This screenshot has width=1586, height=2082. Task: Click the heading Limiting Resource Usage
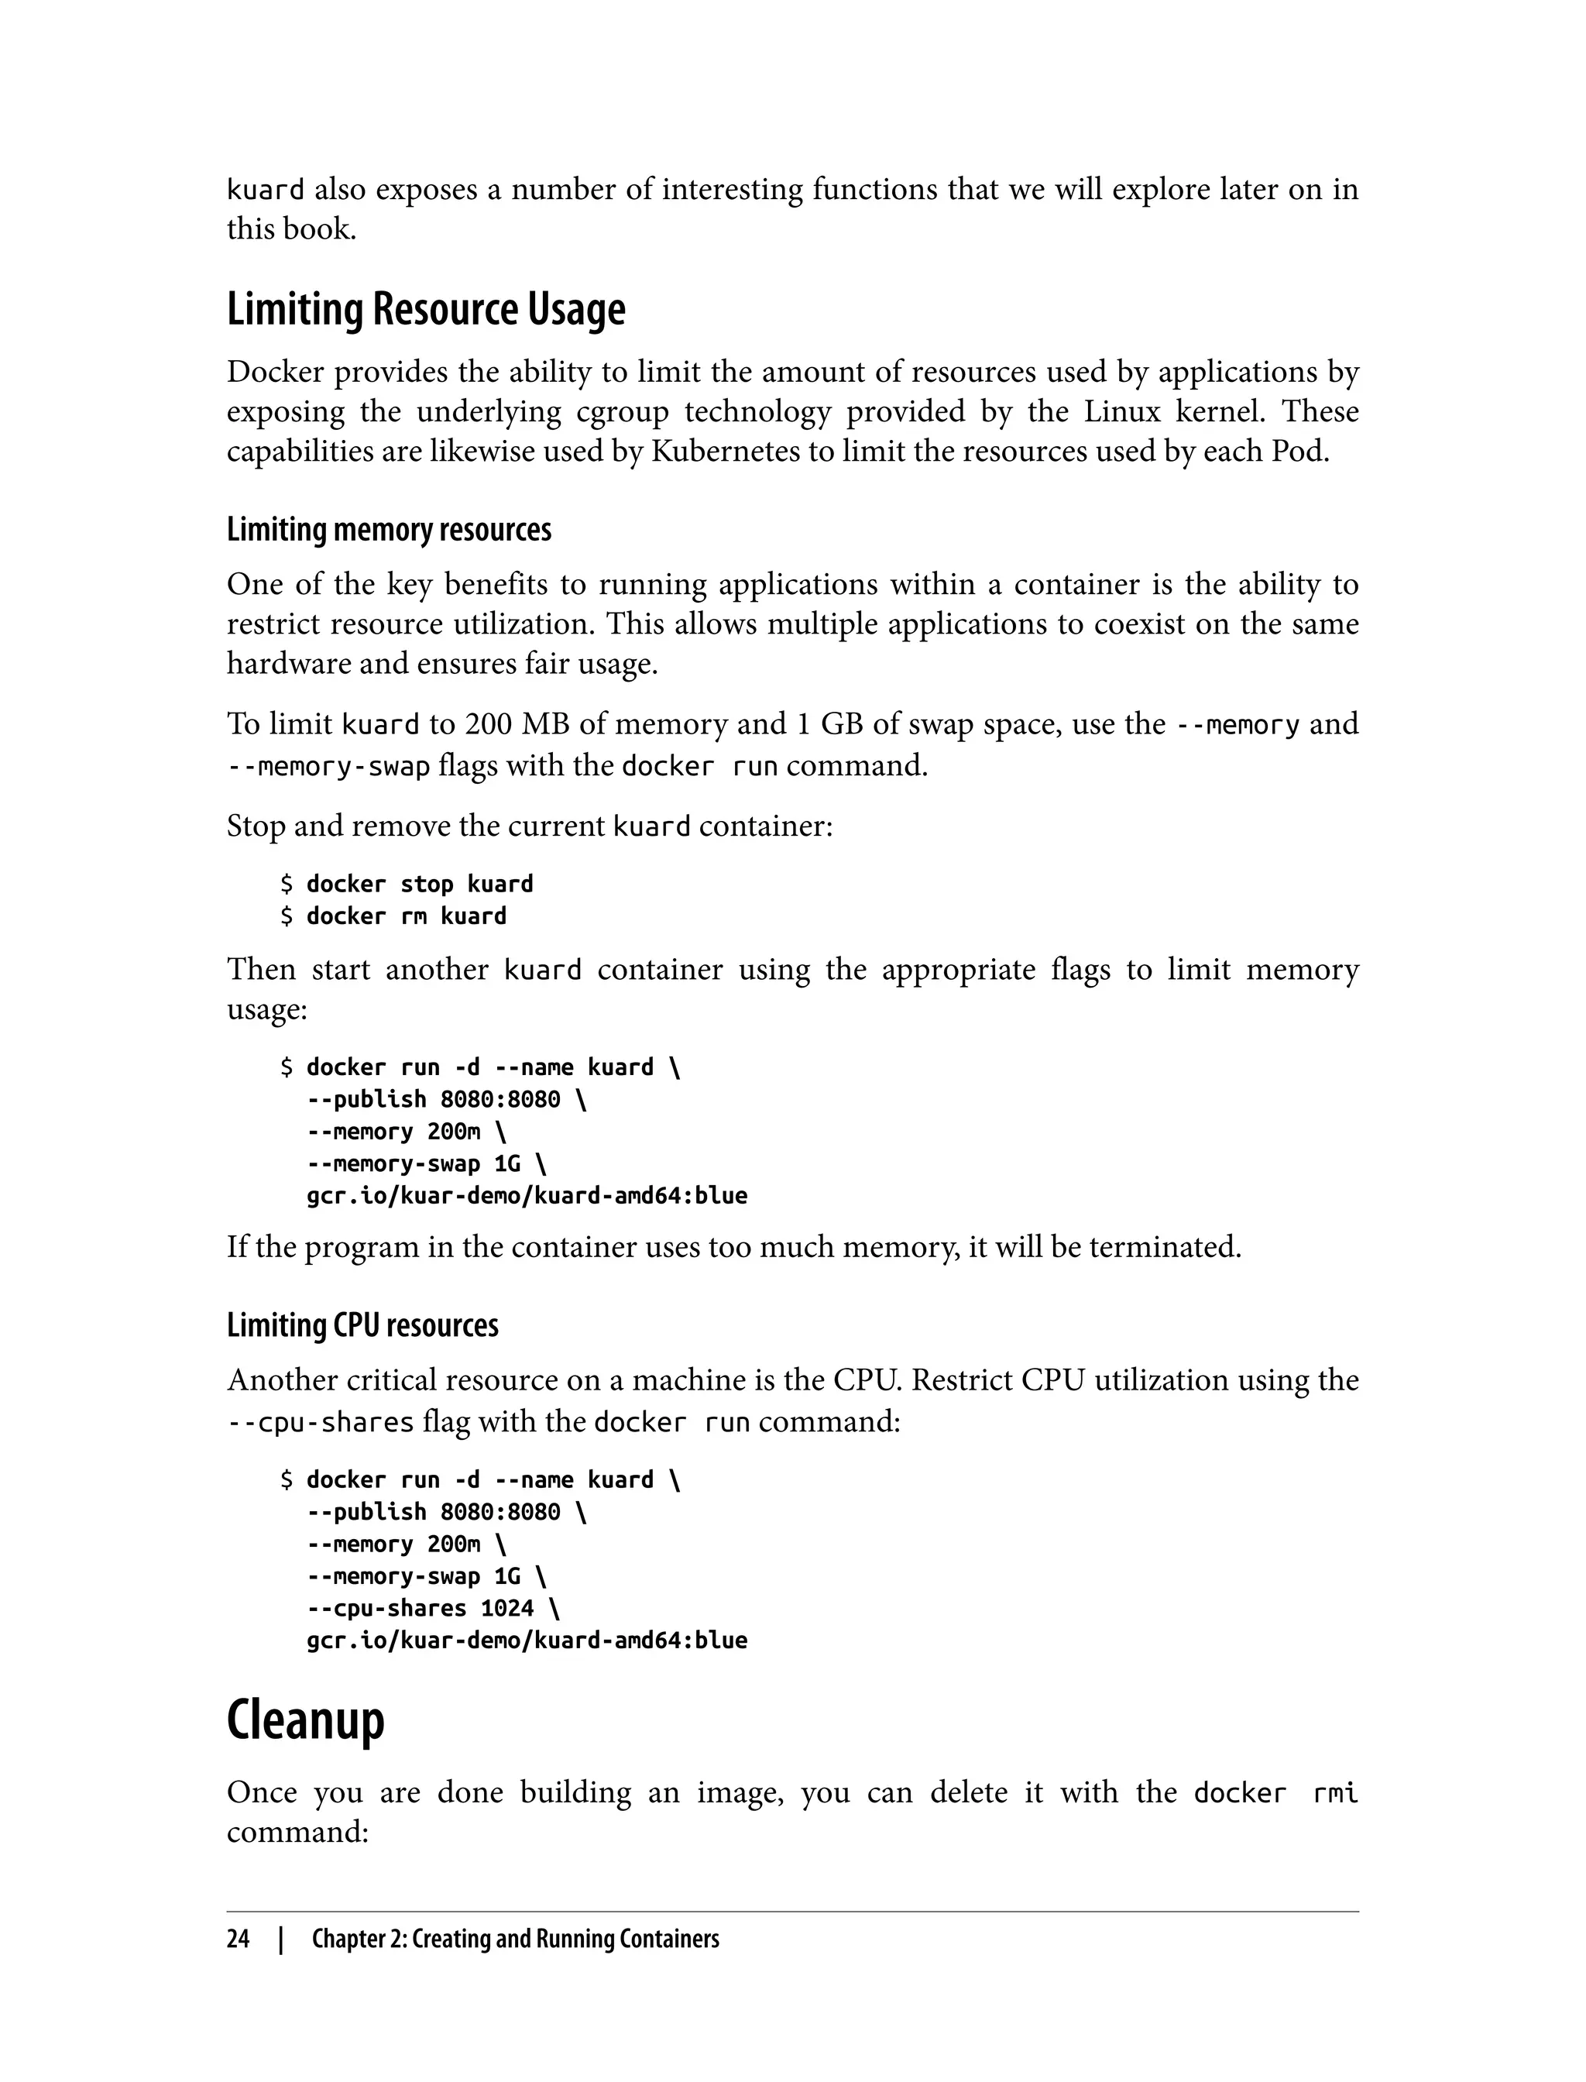426,310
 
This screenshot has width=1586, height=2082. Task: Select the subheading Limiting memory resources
389,530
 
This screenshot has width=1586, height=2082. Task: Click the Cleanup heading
306,1720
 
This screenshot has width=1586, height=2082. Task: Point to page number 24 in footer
238,1939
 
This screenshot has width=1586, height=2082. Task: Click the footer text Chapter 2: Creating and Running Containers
516,1939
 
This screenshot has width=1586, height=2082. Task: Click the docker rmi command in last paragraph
1275,1793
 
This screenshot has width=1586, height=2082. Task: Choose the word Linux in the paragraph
1121,412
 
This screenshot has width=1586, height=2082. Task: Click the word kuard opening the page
266,190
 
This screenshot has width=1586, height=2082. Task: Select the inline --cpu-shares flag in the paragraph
321,1422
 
